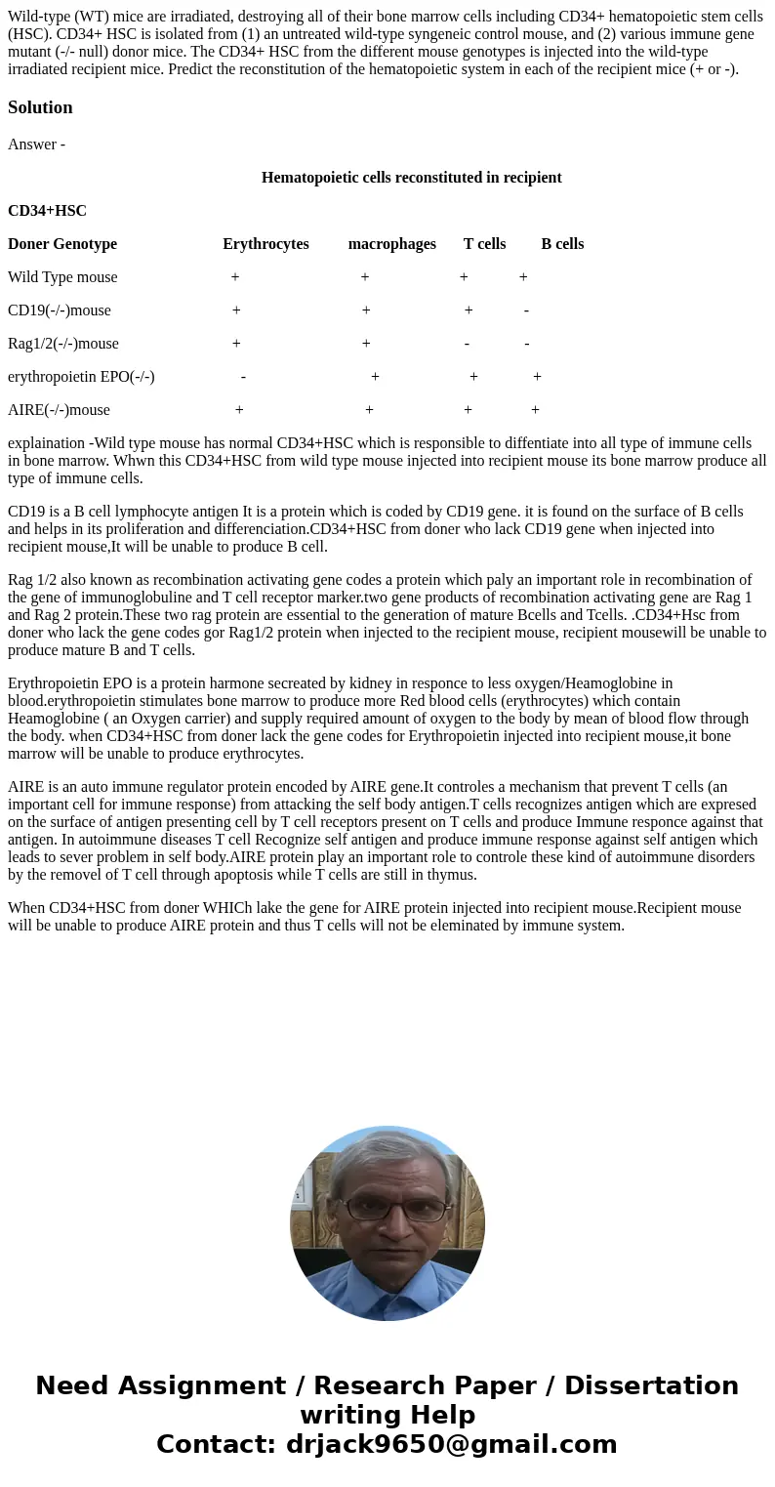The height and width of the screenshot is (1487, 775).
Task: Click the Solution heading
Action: (x=40, y=107)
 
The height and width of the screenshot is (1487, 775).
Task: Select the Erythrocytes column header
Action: (x=265, y=244)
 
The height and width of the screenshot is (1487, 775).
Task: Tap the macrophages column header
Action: (x=391, y=244)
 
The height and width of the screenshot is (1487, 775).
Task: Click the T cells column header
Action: (x=484, y=244)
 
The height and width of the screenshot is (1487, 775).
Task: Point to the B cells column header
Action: (x=562, y=244)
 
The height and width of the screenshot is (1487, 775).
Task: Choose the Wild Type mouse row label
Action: (x=62, y=277)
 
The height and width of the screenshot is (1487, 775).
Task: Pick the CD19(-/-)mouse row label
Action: (x=59, y=310)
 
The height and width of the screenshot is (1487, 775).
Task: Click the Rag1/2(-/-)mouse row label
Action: (x=62, y=344)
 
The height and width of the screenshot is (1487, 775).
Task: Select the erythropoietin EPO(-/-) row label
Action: (x=81, y=377)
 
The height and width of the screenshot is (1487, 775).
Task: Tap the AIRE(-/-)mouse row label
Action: (x=59, y=410)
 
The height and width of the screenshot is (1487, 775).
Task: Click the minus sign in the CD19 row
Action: (x=526, y=310)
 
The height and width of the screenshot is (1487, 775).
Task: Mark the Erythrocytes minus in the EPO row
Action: (x=243, y=377)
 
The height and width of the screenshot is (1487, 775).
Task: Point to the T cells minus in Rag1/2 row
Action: (x=468, y=344)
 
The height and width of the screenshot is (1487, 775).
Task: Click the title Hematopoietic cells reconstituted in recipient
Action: (x=411, y=178)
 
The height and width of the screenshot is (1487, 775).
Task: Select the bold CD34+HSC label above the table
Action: (x=47, y=211)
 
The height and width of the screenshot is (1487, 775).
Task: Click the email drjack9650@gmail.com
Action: (x=451, y=1445)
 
